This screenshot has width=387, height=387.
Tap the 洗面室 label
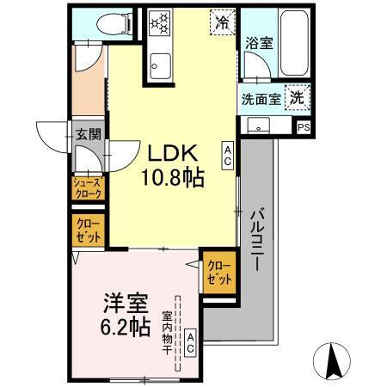click(261, 97)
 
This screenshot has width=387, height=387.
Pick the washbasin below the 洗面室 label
click(258, 126)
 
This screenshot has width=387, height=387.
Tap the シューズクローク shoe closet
click(86, 187)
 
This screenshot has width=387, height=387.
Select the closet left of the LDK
click(86, 231)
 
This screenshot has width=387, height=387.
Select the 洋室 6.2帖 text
click(127, 316)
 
